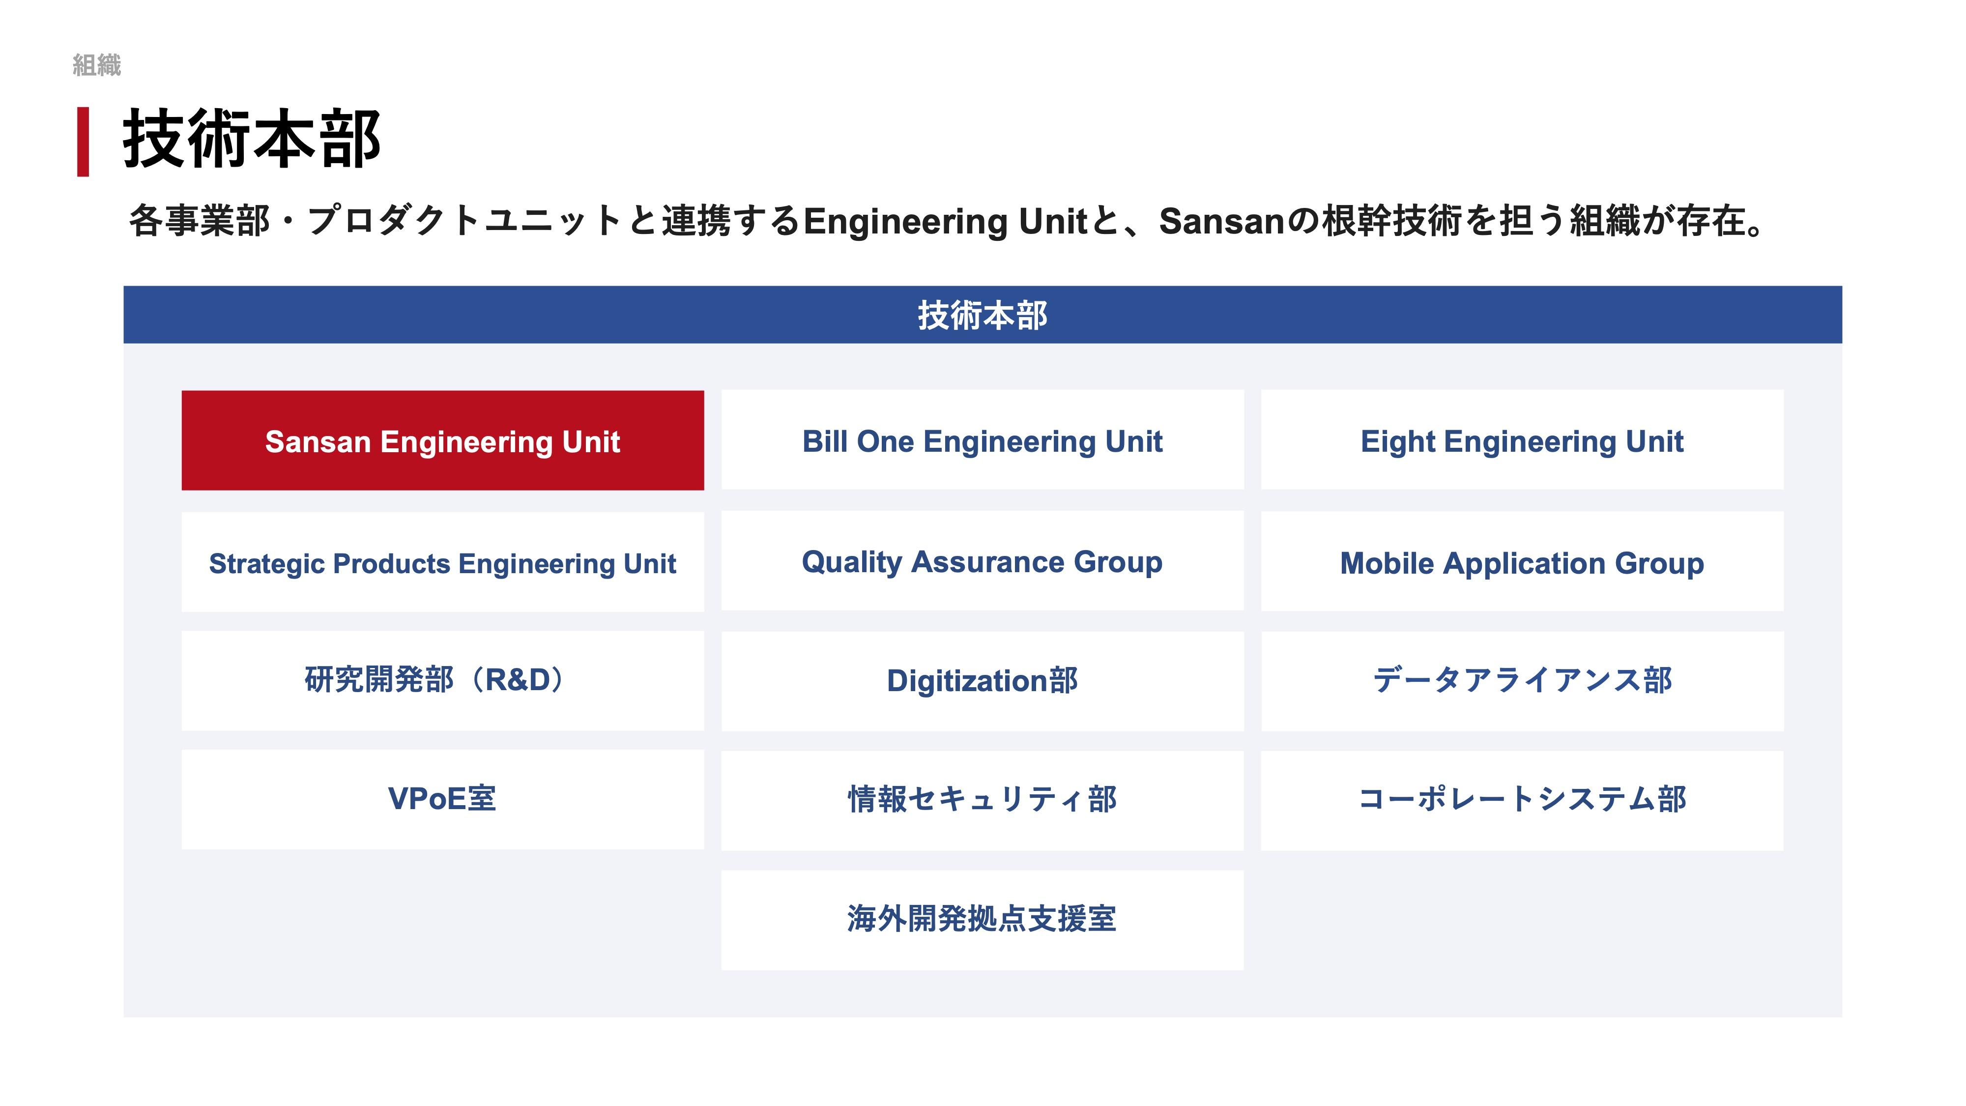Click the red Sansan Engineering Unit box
(443, 440)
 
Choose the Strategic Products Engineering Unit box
(443, 562)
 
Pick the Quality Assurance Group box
(982, 561)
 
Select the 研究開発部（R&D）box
(443, 681)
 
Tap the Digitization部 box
(982, 681)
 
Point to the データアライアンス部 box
(1522, 681)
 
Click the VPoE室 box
(443, 800)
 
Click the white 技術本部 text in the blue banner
(982, 315)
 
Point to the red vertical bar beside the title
(83, 142)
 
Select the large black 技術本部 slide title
(252, 139)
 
